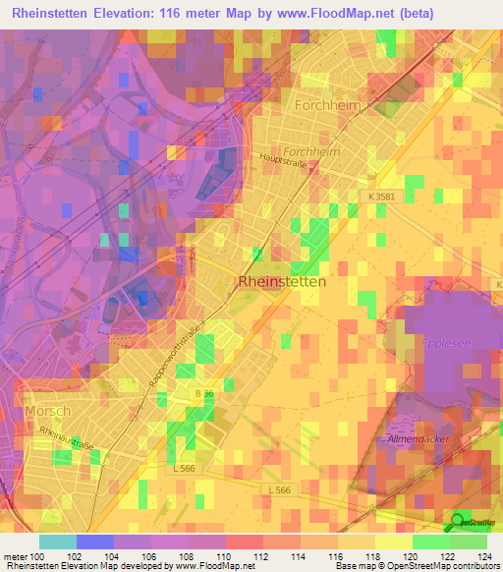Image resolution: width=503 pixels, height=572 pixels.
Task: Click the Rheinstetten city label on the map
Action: [x=282, y=281]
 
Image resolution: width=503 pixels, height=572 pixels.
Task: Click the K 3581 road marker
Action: [x=385, y=198]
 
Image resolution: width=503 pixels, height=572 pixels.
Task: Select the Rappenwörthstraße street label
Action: [x=177, y=358]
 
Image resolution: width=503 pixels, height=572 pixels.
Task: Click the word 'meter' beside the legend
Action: [x=14, y=556]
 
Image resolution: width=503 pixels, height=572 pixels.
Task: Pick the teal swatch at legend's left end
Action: [x=58, y=542]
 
